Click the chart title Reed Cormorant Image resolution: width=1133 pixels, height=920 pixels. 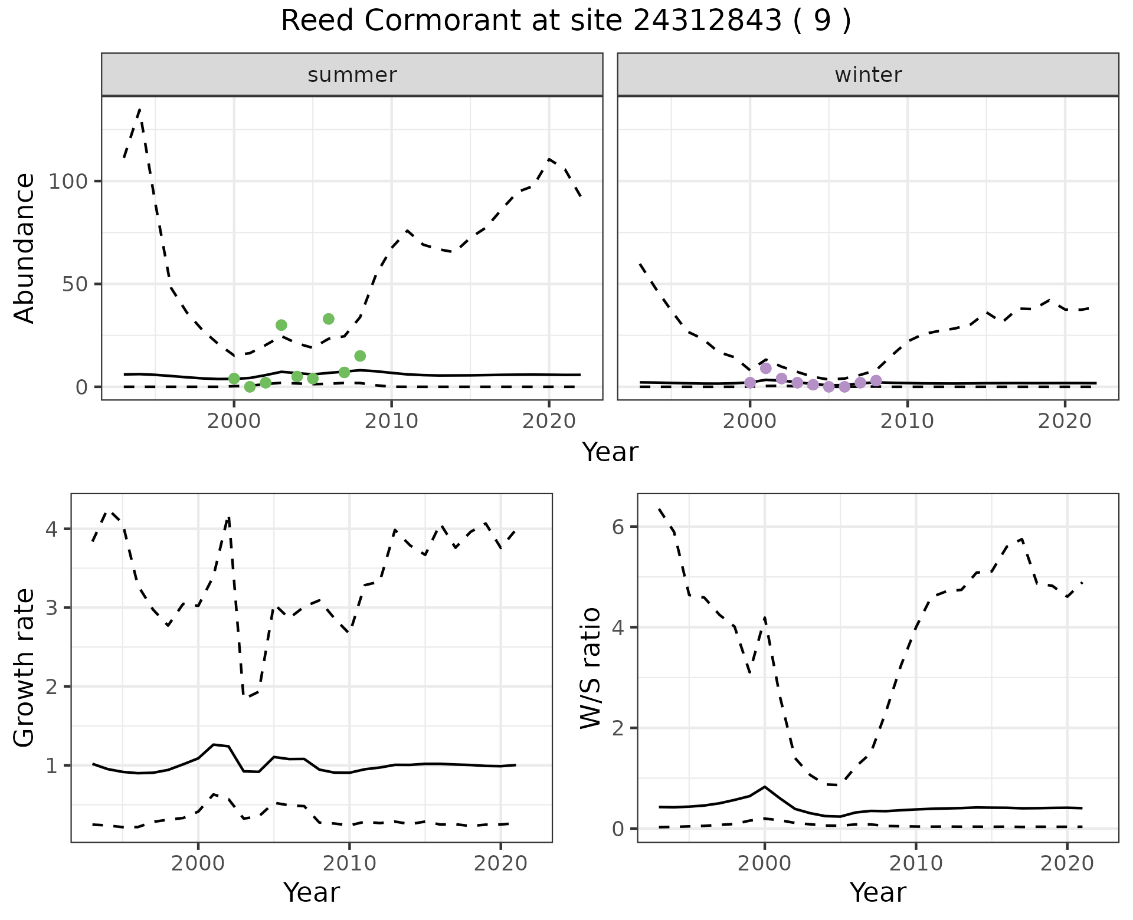coord(565,21)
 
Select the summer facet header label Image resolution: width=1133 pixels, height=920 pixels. coord(352,75)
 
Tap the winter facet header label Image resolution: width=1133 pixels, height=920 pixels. coord(867,75)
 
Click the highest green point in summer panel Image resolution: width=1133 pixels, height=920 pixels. coord(329,319)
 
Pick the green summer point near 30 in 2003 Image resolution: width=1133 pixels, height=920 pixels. coord(281,325)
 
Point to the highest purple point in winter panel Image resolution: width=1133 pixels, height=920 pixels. coord(766,368)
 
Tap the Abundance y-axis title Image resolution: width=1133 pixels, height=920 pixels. coord(25,248)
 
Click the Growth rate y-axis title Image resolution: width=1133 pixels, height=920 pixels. coord(25,668)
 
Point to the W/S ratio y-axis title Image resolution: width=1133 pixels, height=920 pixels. coord(590,668)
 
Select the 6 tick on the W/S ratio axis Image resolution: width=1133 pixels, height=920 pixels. coord(618,527)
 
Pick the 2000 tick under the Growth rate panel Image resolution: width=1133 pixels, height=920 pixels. coord(198,863)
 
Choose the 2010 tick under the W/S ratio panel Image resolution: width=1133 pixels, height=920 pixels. coord(916,863)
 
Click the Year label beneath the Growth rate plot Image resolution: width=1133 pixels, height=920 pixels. coord(312,892)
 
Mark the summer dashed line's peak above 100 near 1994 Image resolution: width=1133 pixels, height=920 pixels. coord(139,110)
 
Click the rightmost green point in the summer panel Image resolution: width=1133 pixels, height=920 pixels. coord(360,356)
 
